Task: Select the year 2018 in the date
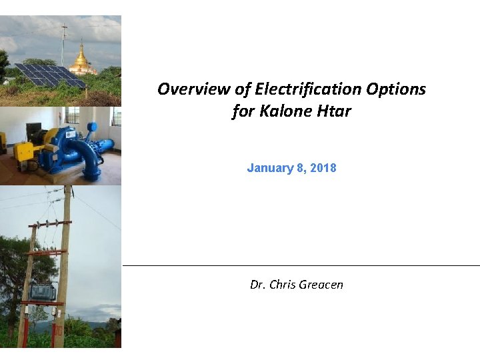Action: coord(323,168)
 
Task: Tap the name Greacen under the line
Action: coord(321,285)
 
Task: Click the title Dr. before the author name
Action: coord(257,285)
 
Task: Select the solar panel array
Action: coord(50,75)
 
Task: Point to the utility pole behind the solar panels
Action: coord(64,43)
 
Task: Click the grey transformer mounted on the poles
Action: coord(41,291)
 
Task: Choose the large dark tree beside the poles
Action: coord(17,267)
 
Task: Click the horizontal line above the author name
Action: coord(300,265)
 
